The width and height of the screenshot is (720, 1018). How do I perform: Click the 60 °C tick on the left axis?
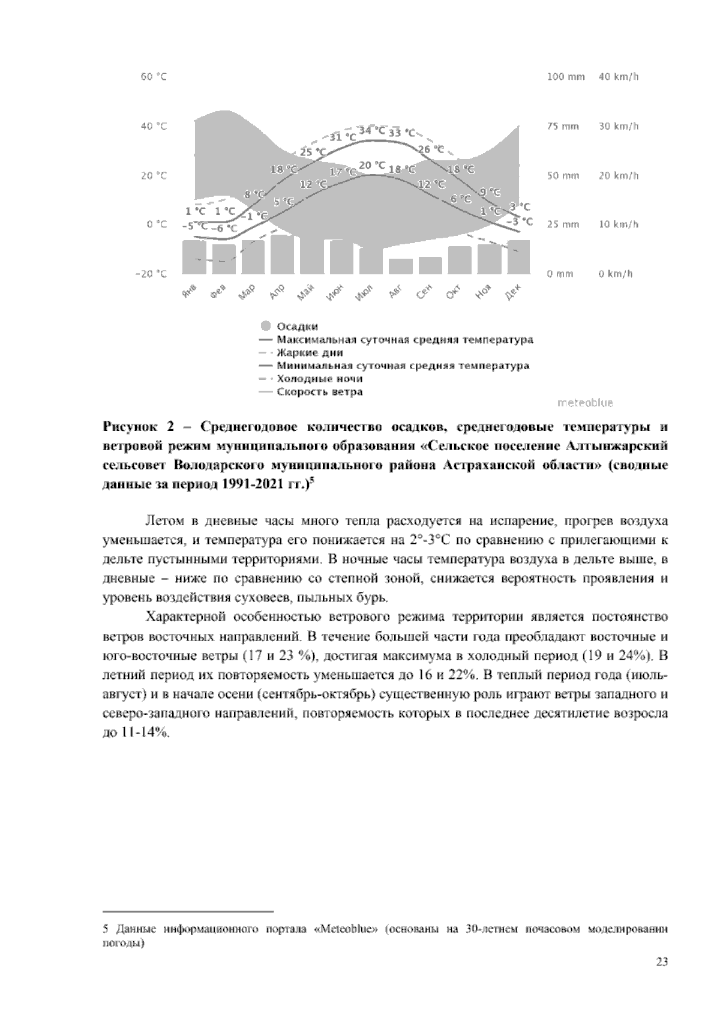click(x=154, y=77)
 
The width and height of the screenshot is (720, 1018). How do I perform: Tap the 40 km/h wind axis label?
click(x=619, y=77)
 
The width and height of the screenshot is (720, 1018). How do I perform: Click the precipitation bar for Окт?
click(x=460, y=259)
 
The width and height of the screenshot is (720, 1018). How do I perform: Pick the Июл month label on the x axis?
click(x=364, y=293)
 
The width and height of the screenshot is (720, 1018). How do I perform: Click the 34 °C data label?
click(x=372, y=130)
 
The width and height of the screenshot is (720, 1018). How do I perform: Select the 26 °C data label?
click(x=431, y=149)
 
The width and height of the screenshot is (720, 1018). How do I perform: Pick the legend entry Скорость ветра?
click(x=319, y=392)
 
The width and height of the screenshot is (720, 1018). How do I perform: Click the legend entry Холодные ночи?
click(x=319, y=379)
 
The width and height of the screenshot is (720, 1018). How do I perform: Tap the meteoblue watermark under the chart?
click(x=585, y=403)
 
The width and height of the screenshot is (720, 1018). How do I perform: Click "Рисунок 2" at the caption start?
click(x=137, y=427)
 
